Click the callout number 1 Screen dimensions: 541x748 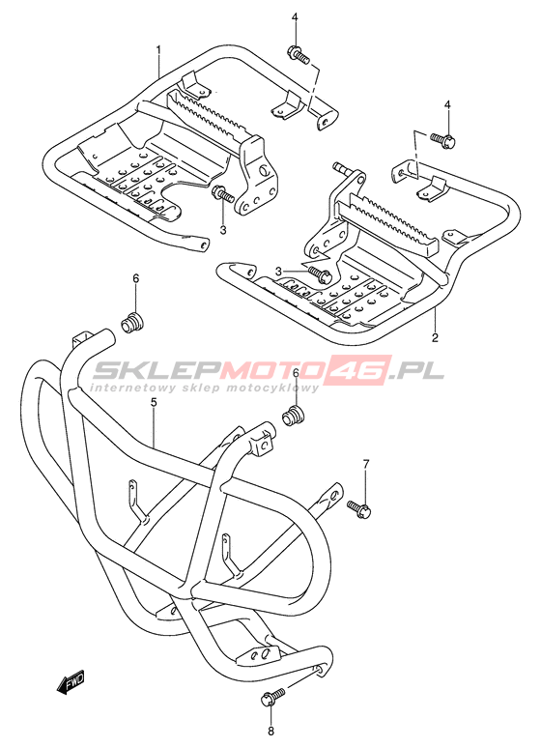pyautogui.click(x=158, y=49)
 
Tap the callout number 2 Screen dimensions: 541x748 pyautogui.click(x=435, y=337)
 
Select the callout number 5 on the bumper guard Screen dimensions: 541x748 pyautogui.click(x=154, y=403)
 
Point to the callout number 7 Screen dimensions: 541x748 pyautogui.click(x=366, y=463)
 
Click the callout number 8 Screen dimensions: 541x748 pyautogui.click(x=270, y=731)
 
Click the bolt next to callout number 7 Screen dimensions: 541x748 pyautogui.click(x=359, y=508)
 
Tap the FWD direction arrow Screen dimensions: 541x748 pyautogui.click(x=71, y=683)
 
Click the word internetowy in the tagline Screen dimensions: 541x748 pyautogui.click(x=131, y=387)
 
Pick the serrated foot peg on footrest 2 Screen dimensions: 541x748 pyautogui.click(x=387, y=222)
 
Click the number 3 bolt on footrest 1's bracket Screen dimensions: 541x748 pyautogui.click(x=222, y=193)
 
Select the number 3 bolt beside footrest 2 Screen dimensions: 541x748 pyautogui.click(x=319, y=273)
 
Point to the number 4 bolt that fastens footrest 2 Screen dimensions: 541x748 pyautogui.click(x=443, y=139)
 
